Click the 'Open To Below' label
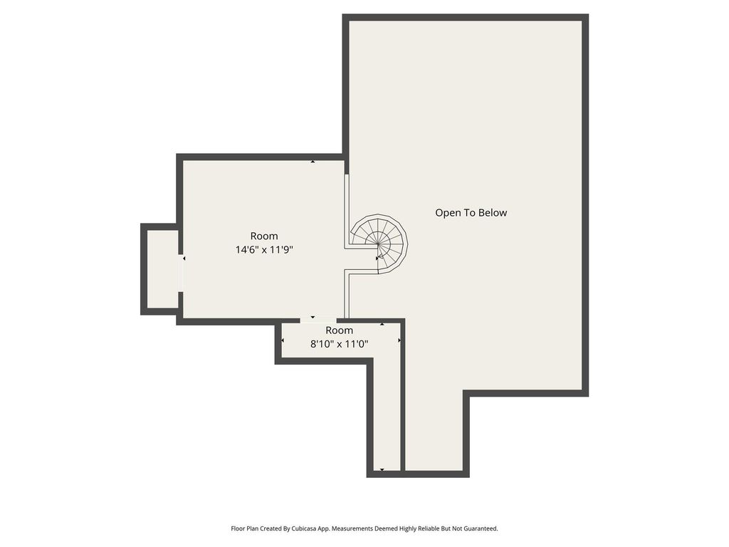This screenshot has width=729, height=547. click(471, 212)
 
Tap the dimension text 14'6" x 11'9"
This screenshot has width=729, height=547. click(264, 250)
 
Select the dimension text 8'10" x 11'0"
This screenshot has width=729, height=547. click(340, 344)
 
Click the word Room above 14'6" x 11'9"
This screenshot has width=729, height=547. click(264, 236)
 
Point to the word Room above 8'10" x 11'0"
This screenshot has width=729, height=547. click(340, 330)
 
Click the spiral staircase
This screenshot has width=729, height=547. click(379, 244)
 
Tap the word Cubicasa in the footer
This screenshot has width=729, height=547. click(304, 528)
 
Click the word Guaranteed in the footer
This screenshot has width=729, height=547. click(482, 528)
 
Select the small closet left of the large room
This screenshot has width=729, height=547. click(162, 269)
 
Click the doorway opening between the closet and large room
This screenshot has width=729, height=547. click(180, 273)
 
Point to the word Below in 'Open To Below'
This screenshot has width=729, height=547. click(493, 212)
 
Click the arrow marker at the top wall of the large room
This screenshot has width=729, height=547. click(313, 162)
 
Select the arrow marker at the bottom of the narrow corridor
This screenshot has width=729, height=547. click(382, 470)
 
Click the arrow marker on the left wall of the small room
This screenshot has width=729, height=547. click(283, 340)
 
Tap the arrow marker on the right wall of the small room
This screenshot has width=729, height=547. click(399, 340)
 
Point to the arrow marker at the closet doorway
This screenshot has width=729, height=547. click(184, 258)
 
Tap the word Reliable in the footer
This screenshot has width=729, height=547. click(428, 528)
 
